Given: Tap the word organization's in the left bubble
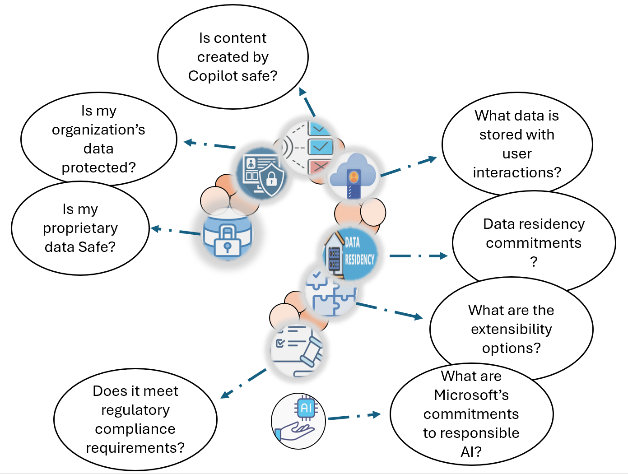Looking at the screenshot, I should [x=98, y=130].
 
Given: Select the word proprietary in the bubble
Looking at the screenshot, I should [x=80, y=228].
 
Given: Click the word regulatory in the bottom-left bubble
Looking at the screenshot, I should [x=135, y=410].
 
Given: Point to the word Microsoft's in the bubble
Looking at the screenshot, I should [x=471, y=395].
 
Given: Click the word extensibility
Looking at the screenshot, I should [x=511, y=329].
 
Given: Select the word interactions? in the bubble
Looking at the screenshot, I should [x=517, y=172].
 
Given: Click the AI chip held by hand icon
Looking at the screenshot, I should [x=298, y=421].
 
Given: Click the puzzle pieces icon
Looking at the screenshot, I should [x=331, y=291].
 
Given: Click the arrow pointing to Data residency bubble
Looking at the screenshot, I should [x=418, y=256].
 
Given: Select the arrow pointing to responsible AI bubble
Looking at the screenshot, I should [x=354, y=416].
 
